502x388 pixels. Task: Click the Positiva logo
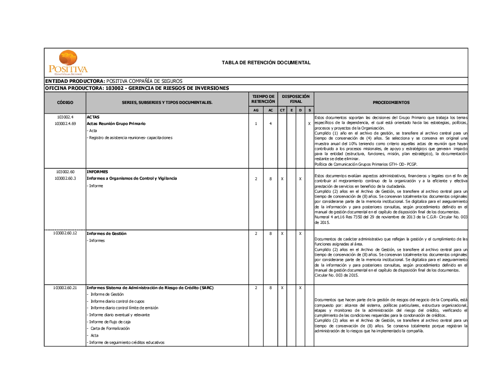pos(68,62)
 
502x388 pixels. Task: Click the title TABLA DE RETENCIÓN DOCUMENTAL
pos(266,63)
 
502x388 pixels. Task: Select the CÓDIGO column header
pos(65,102)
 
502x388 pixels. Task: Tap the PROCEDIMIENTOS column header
pos(391,102)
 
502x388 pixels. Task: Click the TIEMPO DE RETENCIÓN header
pos(263,99)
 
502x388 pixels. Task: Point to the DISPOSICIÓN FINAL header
pos(296,99)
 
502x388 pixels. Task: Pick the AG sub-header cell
pos(256,110)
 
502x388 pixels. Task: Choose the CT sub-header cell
pos(282,110)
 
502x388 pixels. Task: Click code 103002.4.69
pos(65,123)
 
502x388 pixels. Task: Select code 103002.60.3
pos(65,178)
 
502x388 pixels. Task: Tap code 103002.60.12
pos(65,233)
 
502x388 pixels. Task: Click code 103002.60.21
pos(65,288)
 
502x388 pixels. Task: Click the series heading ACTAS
pos(93,117)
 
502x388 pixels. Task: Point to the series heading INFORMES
pos(97,172)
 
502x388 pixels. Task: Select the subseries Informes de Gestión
pos(106,233)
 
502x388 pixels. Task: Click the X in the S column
pos(309,123)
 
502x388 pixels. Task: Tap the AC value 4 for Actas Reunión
pos(271,123)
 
